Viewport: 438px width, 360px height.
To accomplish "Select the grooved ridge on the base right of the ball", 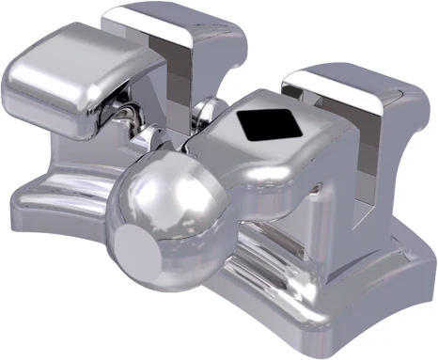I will pyautogui.click(x=282, y=254).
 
